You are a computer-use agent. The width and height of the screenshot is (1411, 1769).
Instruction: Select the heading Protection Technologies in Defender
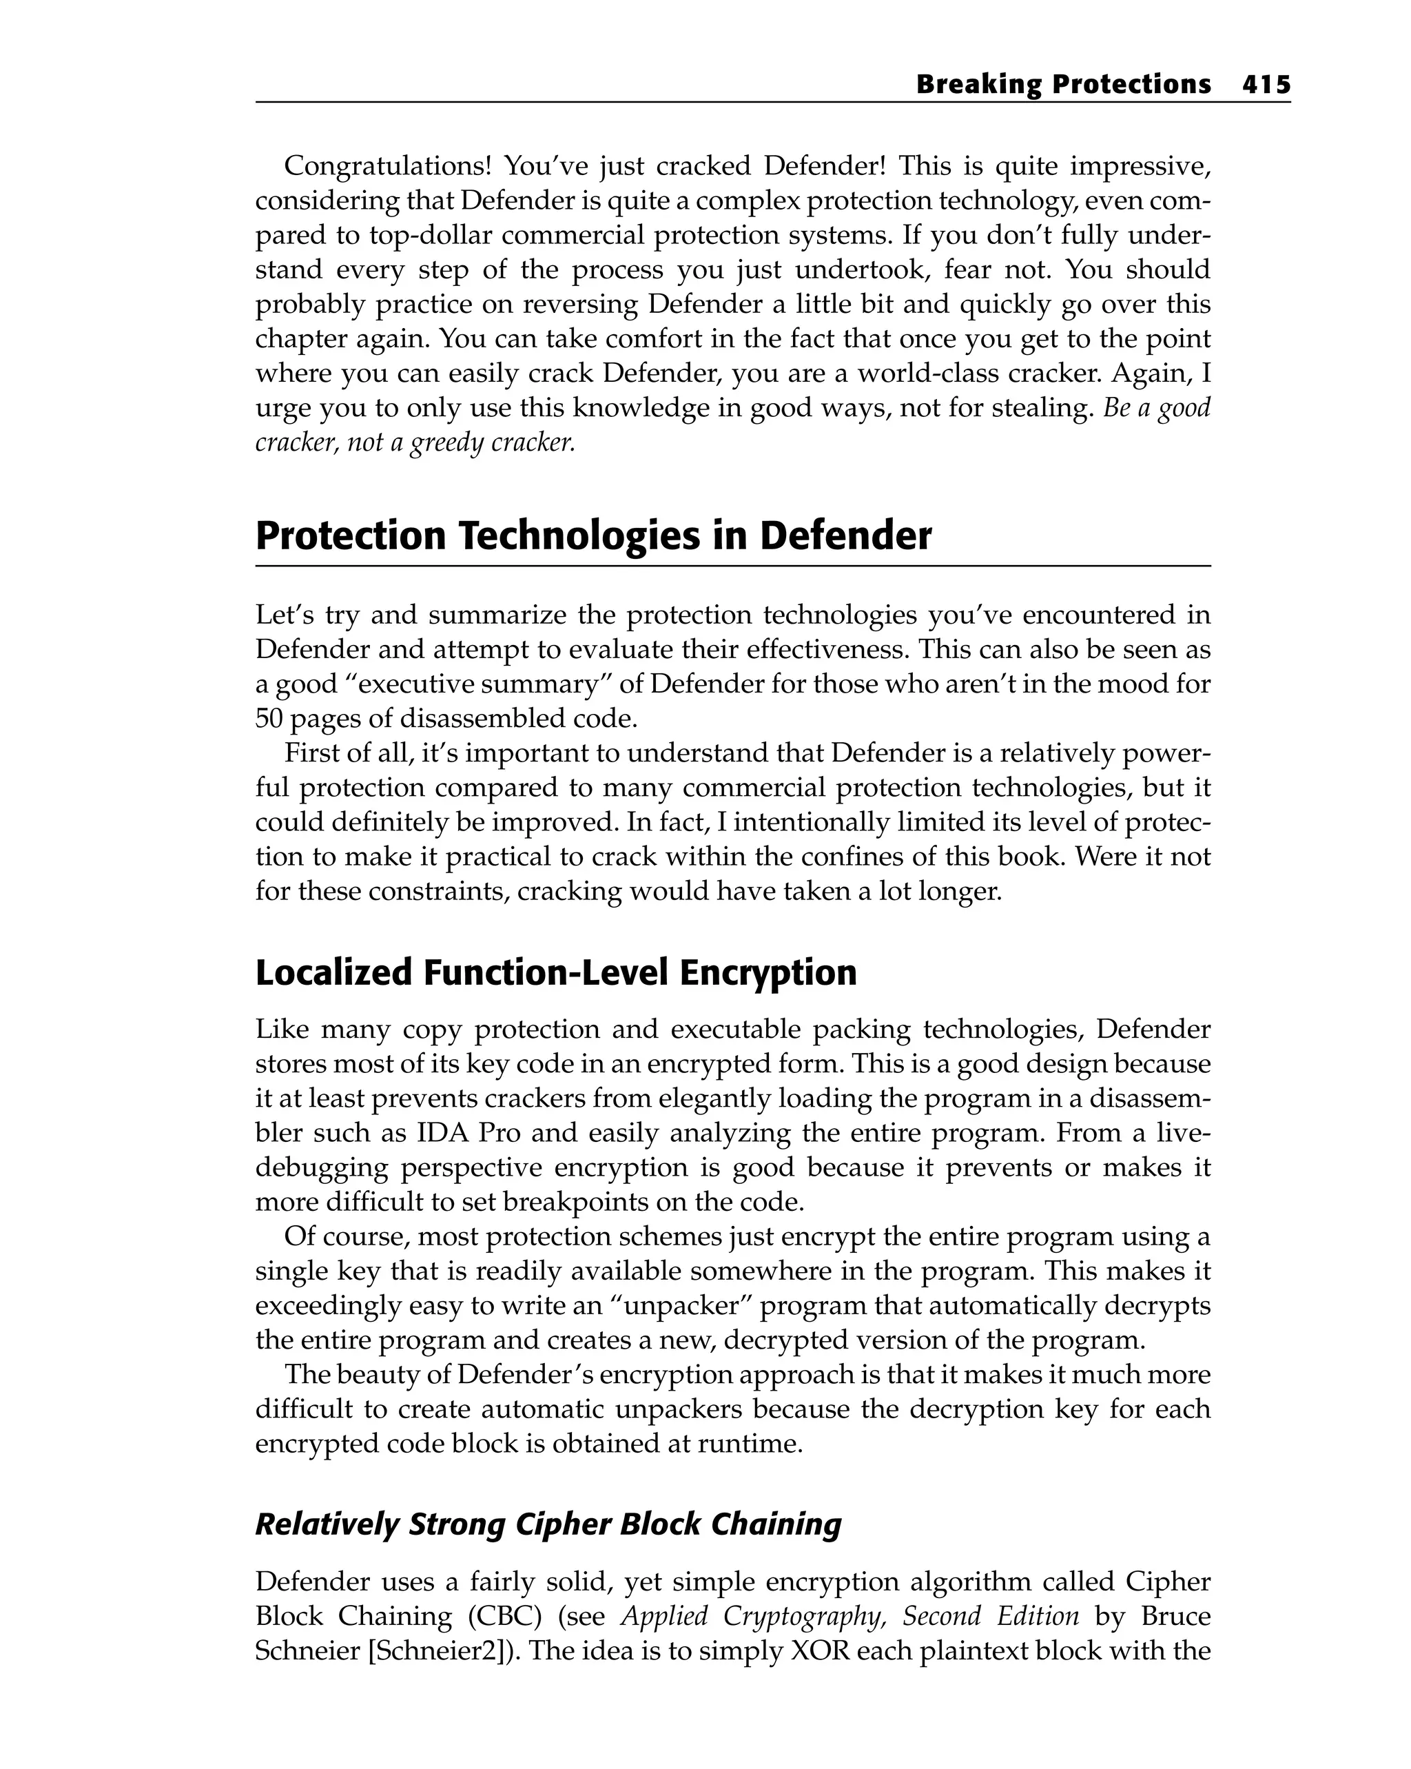(x=593, y=535)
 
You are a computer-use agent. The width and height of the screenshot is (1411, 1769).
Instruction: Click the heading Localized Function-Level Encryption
(x=555, y=972)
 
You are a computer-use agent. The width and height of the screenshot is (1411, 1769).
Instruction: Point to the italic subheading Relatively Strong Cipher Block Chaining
(x=548, y=1524)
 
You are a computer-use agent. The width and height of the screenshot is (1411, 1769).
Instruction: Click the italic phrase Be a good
(x=1157, y=408)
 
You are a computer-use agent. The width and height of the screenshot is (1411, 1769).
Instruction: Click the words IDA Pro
(x=469, y=1133)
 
